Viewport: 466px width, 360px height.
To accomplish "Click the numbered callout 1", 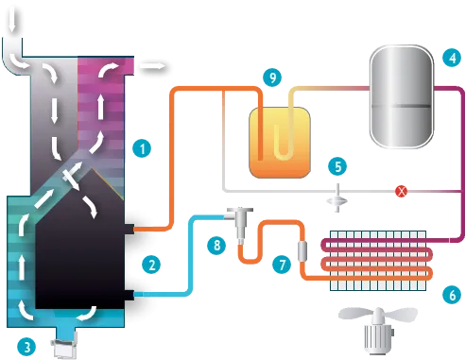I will [x=141, y=147].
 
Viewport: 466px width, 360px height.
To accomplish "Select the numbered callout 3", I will [x=28, y=346].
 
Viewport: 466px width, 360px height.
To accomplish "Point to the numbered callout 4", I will [x=453, y=57].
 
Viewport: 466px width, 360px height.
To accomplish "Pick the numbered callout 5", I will [x=335, y=166].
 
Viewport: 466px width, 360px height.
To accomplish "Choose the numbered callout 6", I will [x=451, y=295].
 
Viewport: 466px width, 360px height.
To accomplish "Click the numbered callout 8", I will [x=216, y=246].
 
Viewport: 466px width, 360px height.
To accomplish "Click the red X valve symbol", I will [x=401, y=192].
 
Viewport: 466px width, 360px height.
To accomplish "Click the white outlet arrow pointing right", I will [x=153, y=66].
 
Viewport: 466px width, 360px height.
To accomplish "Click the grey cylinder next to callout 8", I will [x=242, y=225].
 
